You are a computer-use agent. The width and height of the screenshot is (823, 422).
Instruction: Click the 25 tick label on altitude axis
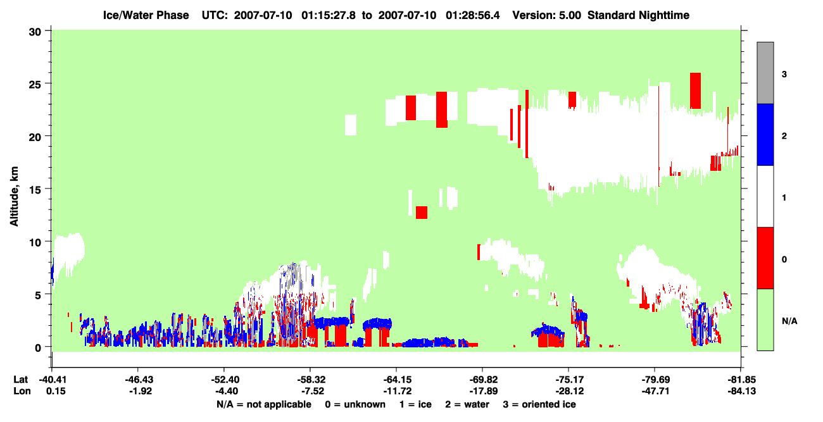pyautogui.click(x=35, y=84)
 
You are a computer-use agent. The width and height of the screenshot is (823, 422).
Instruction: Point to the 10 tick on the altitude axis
pyautogui.click(x=47, y=241)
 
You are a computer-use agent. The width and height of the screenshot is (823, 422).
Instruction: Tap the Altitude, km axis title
pyautogui.click(x=14, y=196)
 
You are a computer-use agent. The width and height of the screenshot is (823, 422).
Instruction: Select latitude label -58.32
pyautogui.click(x=311, y=380)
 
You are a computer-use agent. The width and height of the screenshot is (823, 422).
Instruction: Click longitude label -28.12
pyautogui.click(x=570, y=391)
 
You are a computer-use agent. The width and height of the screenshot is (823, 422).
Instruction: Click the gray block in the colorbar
pyautogui.click(x=765, y=73)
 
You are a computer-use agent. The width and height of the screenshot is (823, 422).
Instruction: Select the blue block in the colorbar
pyautogui.click(x=765, y=134)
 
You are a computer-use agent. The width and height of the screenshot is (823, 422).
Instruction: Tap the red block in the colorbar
pyautogui.click(x=765, y=258)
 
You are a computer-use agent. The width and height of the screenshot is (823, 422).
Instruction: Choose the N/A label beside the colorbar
pyautogui.click(x=789, y=321)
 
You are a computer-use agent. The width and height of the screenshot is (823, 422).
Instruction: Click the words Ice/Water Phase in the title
pyautogui.click(x=146, y=15)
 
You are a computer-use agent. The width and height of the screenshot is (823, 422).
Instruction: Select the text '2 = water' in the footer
pyautogui.click(x=467, y=404)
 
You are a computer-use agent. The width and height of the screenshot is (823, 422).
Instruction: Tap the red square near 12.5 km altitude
pyautogui.click(x=422, y=213)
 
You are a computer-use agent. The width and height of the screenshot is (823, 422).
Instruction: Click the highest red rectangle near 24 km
pyautogui.click(x=695, y=90)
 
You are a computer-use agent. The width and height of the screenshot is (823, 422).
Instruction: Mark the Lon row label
pyautogui.click(x=22, y=391)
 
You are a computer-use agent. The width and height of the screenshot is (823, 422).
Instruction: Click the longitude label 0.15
pyautogui.click(x=56, y=391)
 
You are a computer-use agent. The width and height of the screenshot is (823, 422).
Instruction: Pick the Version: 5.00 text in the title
pyautogui.click(x=547, y=15)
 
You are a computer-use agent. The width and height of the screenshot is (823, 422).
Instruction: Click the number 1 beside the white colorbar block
pyautogui.click(x=784, y=198)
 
